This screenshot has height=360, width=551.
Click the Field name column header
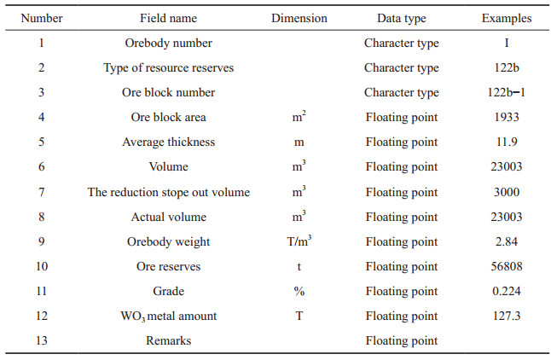pos(168,18)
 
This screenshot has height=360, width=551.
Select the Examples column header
pos(507,19)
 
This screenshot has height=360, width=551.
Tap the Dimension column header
pos(299,18)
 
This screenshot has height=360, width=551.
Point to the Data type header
pos(401,19)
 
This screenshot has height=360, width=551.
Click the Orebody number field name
pos(168,44)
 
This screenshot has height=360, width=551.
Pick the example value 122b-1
pos(507,92)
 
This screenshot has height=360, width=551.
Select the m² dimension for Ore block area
pos(299,116)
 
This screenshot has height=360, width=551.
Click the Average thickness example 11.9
pos(507,142)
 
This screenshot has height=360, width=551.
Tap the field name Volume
pos(168,166)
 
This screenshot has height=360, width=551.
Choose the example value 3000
pos(507,192)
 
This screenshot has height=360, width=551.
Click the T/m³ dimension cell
pos(299,241)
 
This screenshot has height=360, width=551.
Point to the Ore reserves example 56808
pos(507,266)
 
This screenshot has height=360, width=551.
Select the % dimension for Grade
pos(299,292)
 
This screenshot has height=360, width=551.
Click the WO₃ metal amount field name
pos(168,316)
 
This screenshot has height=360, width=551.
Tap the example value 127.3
pos(507,316)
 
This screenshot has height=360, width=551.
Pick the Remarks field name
pos(168,340)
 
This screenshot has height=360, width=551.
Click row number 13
pos(42,340)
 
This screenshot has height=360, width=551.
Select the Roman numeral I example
pos(507,43)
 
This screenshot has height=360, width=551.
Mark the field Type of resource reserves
pos(168,68)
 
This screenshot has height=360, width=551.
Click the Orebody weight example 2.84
pos(507,241)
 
